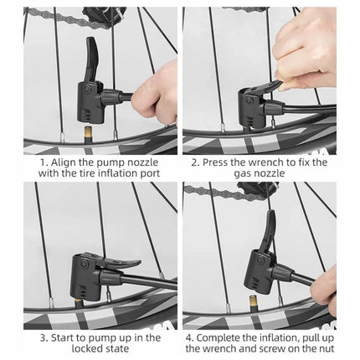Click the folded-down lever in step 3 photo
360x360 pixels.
pos(126,265)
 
